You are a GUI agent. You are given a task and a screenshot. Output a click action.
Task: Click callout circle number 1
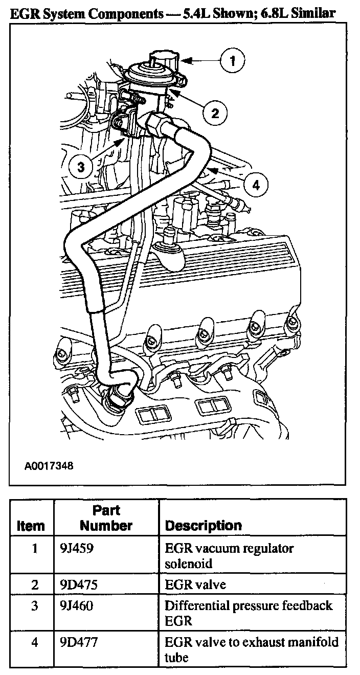click(233, 61)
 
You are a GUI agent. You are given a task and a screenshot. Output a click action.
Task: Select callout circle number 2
click(215, 112)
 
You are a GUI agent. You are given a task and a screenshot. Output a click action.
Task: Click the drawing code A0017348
click(49, 466)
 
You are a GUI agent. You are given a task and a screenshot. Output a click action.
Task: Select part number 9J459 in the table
click(76, 549)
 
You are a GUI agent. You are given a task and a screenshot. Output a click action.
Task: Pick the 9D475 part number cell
click(77, 584)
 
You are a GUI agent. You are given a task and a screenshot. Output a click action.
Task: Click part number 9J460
click(76, 606)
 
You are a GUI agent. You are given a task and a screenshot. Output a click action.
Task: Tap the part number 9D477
click(77, 642)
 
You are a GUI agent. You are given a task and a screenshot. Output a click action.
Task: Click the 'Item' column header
click(31, 525)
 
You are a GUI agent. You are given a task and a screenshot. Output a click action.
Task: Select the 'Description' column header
click(203, 525)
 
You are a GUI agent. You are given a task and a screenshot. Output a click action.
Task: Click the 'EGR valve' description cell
click(195, 584)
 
